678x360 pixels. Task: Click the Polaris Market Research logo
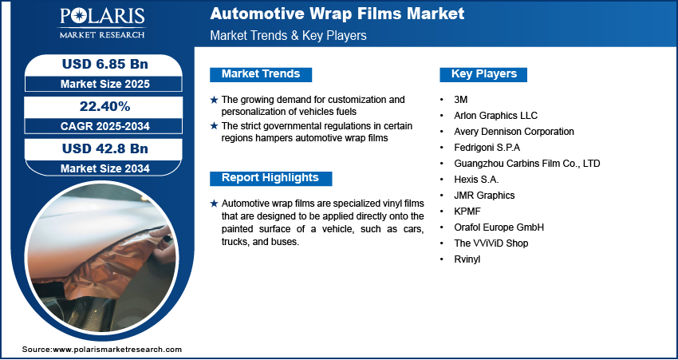[102, 23]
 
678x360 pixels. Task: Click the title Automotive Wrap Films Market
[337, 14]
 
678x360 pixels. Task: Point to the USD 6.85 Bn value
[105, 64]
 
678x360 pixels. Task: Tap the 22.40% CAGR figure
[105, 106]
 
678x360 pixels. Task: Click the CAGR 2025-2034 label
[105, 126]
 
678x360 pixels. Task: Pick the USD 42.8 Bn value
[105, 148]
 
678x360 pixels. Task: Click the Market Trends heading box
[261, 74]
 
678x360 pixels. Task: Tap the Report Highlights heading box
[270, 178]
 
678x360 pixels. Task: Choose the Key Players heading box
[483, 74]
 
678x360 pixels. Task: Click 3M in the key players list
[461, 100]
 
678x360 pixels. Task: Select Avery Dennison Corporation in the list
[514, 132]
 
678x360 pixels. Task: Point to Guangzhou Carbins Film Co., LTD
[527, 164]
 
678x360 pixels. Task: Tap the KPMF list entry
[467, 212]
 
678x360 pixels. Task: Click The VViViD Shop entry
[491, 243]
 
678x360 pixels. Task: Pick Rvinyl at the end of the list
[467, 259]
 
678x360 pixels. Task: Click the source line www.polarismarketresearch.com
[102, 349]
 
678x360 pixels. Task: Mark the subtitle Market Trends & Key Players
[289, 35]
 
